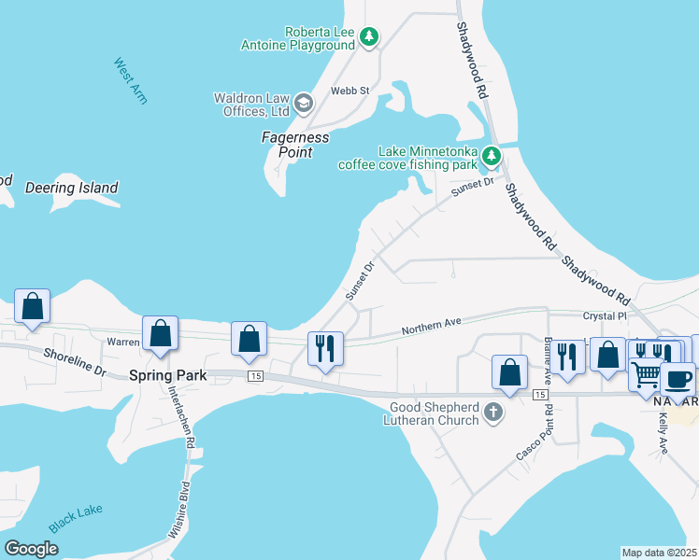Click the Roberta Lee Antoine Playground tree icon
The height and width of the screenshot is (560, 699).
click(370, 37)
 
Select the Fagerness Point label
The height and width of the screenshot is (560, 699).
click(295, 145)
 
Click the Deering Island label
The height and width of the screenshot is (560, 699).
click(72, 188)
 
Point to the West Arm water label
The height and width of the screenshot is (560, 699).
click(131, 81)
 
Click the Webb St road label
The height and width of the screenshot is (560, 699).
click(350, 91)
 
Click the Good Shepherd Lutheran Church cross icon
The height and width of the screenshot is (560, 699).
click(495, 412)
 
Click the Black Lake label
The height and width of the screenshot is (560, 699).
click(77, 520)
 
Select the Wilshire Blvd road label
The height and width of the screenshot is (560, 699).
click(183, 511)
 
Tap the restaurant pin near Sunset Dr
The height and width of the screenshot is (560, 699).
click(325, 350)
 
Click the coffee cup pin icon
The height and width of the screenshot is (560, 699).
click(678, 379)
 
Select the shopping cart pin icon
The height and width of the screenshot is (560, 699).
click(647, 374)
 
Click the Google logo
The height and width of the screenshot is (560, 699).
click(31, 548)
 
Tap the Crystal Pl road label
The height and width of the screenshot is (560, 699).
click(603, 316)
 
